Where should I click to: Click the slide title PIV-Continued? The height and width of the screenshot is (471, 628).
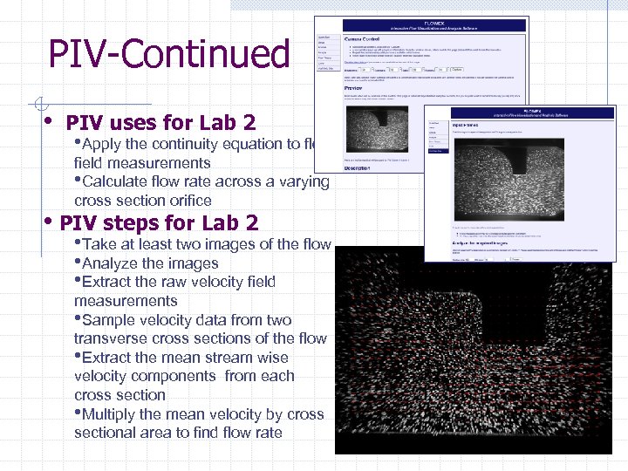(x=168, y=54)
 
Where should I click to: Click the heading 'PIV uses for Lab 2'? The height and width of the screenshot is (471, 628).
(x=160, y=122)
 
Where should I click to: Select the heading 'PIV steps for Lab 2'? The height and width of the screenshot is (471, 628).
(x=159, y=222)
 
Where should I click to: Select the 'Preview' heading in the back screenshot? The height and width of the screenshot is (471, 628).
(x=354, y=87)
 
